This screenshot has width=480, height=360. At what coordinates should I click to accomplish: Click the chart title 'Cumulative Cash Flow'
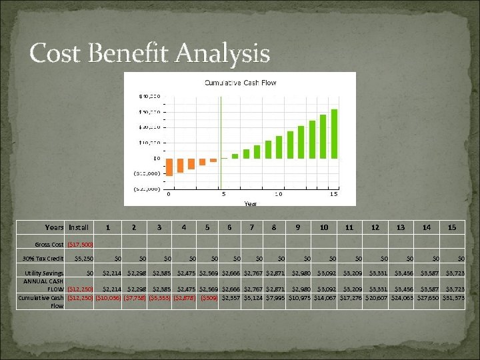pos(239,83)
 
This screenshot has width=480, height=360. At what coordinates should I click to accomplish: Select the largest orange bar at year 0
pos(169,167)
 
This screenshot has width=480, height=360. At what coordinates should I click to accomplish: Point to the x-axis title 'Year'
pos(251,203)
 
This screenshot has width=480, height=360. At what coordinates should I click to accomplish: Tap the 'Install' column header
pos(78,227)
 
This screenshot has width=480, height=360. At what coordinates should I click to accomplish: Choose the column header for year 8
pos(274,227)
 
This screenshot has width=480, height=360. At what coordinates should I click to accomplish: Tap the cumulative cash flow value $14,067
pos(323,298)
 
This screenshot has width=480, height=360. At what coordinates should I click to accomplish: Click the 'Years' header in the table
pos(54,227)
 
